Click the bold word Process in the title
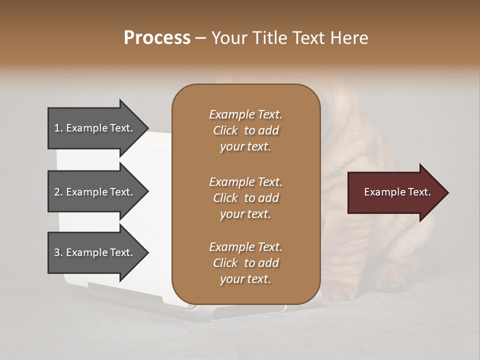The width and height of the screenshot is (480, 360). (x=157, y=38)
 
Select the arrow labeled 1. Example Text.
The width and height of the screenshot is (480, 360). (x=95, y=128)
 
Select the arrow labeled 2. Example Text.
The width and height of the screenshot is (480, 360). (x=95, y=192)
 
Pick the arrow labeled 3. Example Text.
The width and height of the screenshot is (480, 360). (x=95, y=252)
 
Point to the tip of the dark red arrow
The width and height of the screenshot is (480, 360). (x=447, y=192)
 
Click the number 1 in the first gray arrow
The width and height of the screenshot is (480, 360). (x=57, y=128)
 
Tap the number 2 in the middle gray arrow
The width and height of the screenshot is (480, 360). (x=57, y=192)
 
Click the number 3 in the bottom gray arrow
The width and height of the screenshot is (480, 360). (x=57, y=252)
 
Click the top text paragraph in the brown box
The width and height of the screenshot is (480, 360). (x=245, y=130)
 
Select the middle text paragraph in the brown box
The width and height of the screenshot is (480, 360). (x=245, y=198)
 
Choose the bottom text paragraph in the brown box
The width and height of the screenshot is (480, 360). (x=245, y=263)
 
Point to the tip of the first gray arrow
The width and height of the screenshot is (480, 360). (x=148, y=128)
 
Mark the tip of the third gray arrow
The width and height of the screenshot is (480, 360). (x=148, y=252)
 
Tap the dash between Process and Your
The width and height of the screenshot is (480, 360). (x=200, y=38)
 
